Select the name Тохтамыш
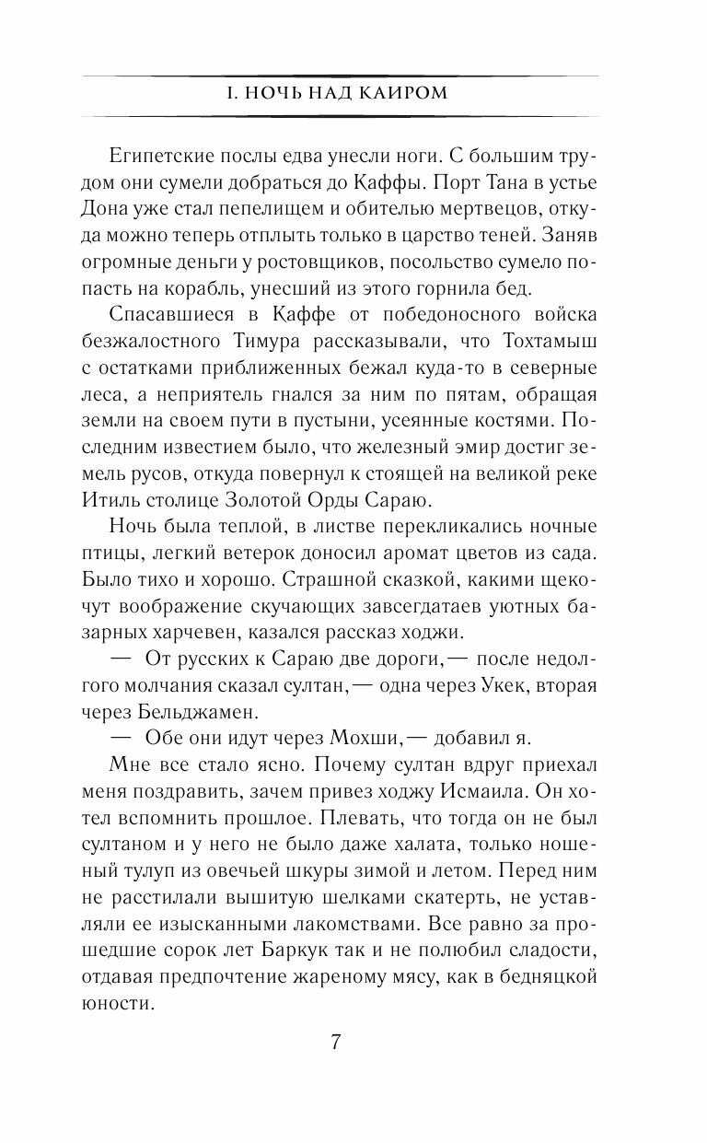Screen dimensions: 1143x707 [551, 342]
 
